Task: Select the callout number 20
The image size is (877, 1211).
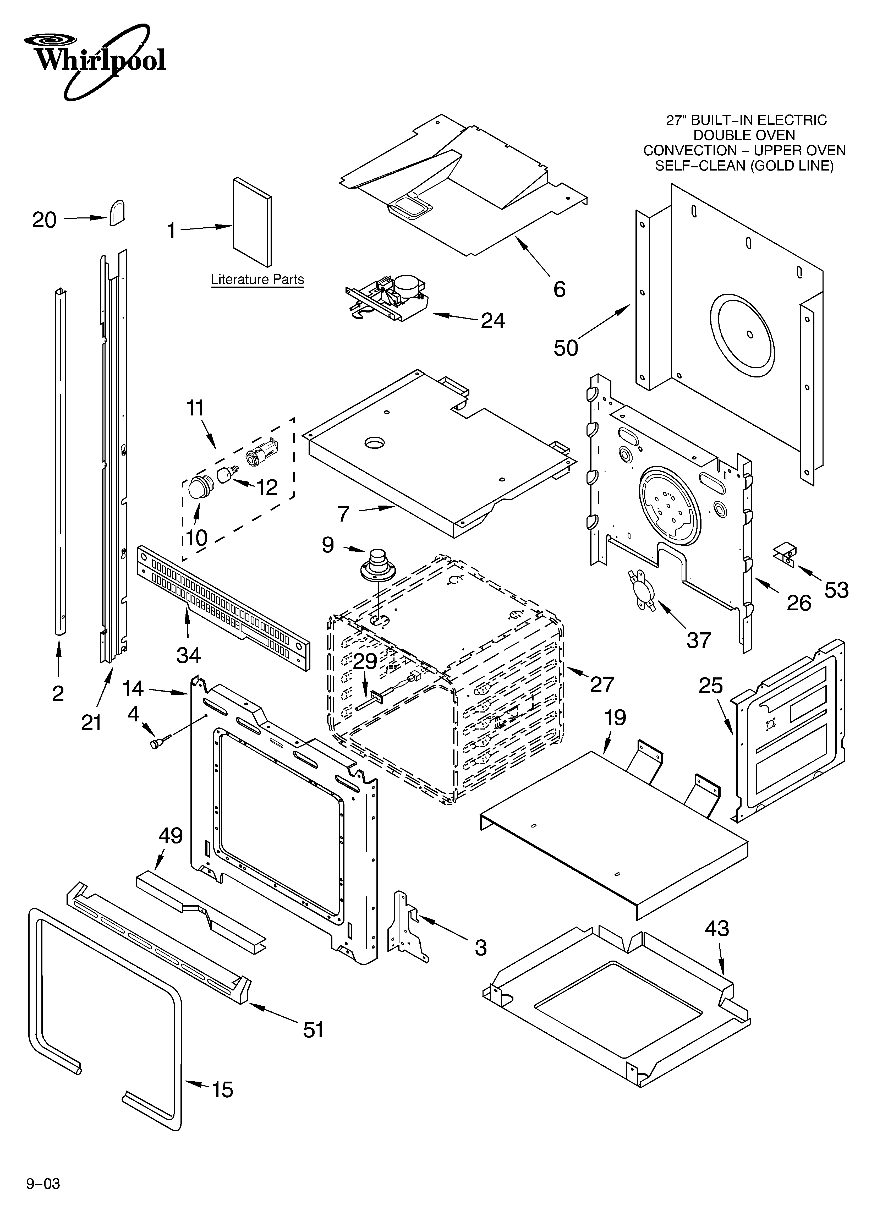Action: point(44,220)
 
